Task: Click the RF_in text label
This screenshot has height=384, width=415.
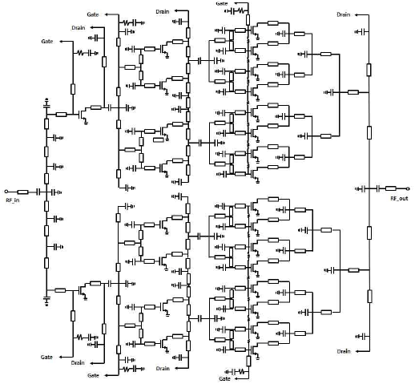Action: (13, 200)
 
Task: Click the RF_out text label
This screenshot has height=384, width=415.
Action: (399, 198)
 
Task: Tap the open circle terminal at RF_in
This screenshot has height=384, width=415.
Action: (6, 192)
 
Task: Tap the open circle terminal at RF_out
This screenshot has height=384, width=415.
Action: (408, 188)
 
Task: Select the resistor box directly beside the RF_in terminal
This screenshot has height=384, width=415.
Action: (22, 192)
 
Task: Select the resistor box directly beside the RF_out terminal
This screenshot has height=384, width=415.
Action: (391, 188)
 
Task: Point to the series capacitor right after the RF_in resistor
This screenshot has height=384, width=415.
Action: (38, 192)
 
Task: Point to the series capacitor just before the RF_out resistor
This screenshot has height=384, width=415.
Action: (378, 188)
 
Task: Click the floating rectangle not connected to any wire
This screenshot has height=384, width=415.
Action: (159, 139)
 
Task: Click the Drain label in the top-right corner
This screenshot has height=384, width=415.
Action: (343, 14)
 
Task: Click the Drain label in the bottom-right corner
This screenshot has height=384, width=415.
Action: (344, 351)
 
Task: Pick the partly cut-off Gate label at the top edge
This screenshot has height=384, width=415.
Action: (222, 3)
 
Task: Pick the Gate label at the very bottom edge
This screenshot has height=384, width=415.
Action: (224, 378)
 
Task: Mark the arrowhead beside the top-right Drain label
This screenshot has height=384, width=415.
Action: (357, 15)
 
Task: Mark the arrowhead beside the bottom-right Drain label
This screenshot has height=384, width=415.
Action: (357, 351)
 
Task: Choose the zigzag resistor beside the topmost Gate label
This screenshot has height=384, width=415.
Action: (240, 11)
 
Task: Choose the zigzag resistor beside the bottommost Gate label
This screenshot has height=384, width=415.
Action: (241, 371)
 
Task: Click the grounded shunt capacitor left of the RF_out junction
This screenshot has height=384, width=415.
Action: (361, 189)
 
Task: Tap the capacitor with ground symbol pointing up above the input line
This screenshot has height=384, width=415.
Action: (46, 103)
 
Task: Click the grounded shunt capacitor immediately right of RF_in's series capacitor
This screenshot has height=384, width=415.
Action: (57, 192)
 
